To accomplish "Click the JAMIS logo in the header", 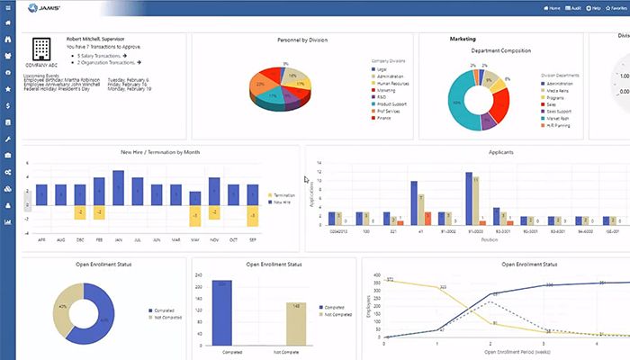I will point(37,8).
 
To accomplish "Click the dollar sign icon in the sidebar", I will point(8,105).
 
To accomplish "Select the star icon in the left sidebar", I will point(8,89).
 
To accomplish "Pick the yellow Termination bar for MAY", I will point(193,216).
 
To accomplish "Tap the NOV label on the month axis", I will point(214,239).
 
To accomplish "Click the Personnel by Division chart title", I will point(301,40).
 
